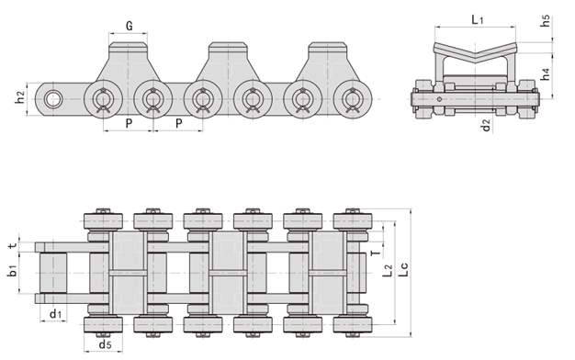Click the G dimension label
coord(129,26)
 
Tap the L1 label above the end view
coord(478,18)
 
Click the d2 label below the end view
coord(485,123)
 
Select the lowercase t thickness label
coord(12,246)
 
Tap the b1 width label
coord(12,272)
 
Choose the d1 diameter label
coord(56,315)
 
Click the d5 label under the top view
coord(106,345)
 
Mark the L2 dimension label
coord(388,268)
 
